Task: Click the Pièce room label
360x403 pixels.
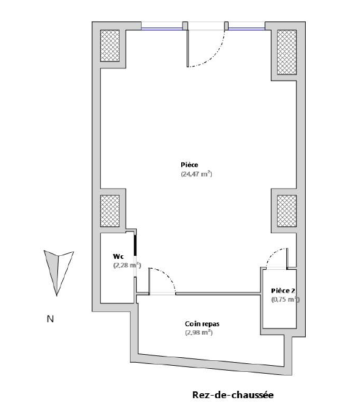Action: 189,165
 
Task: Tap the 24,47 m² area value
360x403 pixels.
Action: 196,174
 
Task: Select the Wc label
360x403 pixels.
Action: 118,256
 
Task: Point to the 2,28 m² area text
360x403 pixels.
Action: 127,265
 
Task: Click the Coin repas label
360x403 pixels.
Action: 202,324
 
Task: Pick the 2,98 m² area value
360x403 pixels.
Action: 199,332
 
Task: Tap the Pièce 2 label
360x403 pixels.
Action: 283,291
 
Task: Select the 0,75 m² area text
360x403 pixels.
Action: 286,299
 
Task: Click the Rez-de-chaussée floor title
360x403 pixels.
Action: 233,394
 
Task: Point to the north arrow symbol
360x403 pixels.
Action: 58,273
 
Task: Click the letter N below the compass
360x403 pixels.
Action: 50,319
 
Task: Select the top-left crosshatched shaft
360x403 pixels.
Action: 110,46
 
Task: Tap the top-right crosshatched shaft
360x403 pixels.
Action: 287,53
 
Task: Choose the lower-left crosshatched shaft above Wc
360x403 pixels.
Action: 110,211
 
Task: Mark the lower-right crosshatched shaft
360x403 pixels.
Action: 287,211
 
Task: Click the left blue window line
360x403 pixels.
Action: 162,29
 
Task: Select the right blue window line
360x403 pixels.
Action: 247,29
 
